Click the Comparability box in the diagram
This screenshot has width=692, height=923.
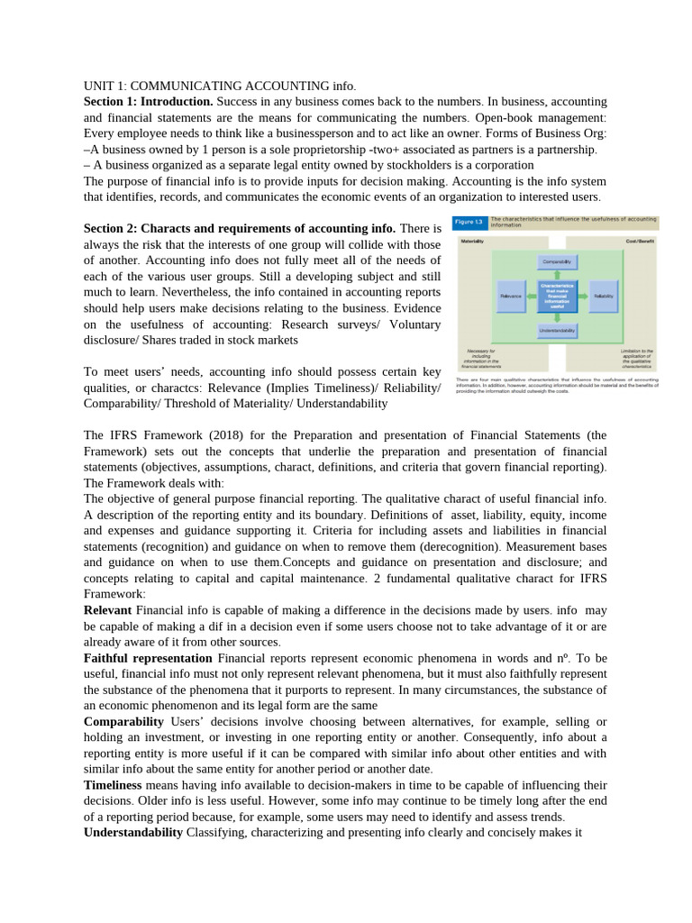557,261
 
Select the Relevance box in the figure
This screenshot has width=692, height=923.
511,295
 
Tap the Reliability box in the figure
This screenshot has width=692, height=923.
604,295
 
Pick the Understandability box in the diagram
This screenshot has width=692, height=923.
557,331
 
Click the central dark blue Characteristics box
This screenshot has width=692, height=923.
557,295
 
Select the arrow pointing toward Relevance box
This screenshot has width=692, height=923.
533,295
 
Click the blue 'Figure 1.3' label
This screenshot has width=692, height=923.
469,222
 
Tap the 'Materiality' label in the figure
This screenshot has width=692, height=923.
473,242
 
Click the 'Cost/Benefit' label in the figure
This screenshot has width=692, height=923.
642,242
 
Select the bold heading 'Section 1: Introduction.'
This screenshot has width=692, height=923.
148,102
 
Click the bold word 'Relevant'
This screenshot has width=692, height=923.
107,610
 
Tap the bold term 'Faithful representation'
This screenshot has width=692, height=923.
148,659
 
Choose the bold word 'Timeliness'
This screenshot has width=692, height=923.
113,784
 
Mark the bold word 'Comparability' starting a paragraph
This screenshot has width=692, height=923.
123,722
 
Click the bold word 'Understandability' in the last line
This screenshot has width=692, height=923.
133,832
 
